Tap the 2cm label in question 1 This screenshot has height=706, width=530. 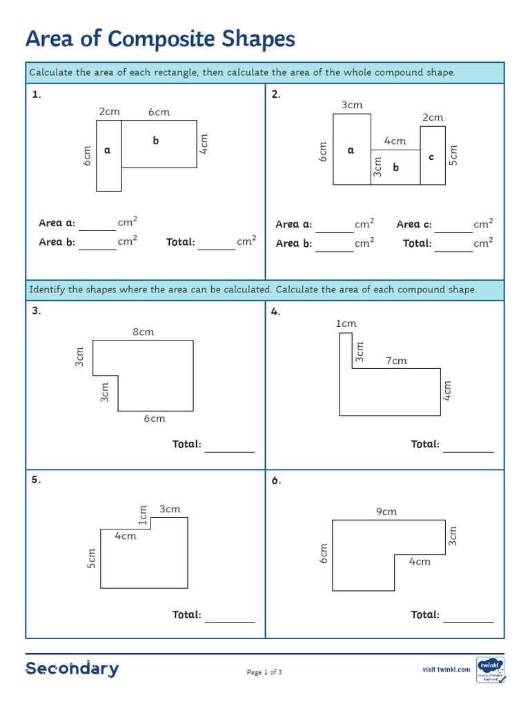[x=109, y=111]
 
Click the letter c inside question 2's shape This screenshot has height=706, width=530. [x=431, y=157]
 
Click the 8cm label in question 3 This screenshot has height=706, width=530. [x=143, y=332]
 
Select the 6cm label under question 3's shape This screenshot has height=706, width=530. [x=155, y=418]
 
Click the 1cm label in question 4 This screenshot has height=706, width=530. [x=346, y=323]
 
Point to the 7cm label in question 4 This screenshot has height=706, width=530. [x=396, y=361]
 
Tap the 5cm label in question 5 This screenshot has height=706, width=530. [x=91, y=558]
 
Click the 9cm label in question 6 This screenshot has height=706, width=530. [x=386, y=512]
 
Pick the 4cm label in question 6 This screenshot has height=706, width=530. [x=419, y=561]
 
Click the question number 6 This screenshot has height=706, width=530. [x=276, y=481]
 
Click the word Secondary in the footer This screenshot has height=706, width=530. [x=72, y=668]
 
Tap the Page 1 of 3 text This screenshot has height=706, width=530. [x=264, y=672]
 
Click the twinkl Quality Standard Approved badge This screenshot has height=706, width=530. [x=491, y=669]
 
